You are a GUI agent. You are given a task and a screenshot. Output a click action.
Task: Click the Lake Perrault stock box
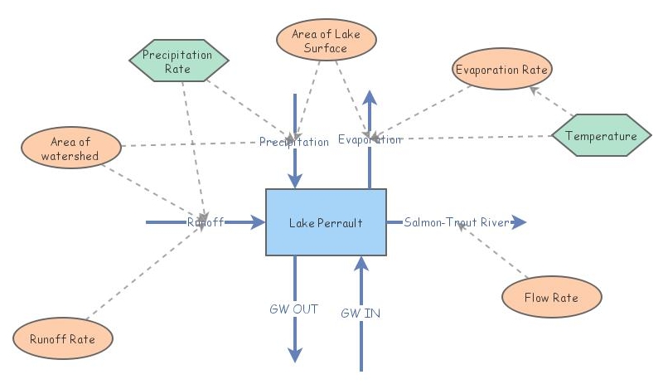click(x=326, y=222)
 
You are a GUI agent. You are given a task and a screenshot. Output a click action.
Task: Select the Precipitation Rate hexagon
click(x=178, y=61)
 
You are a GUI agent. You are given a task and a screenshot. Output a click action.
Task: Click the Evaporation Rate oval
click(x=501, y=71)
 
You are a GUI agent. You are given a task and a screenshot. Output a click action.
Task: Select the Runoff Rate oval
click(x=62, y=338)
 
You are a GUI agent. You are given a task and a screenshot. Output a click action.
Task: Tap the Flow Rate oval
click(x=551, y=297)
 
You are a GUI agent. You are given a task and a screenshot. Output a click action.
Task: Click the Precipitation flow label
click(x=293, y=142)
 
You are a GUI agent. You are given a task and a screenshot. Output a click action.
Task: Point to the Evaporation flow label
click(x=370, y=139)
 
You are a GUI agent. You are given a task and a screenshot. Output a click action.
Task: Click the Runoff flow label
click(x=206, y=221)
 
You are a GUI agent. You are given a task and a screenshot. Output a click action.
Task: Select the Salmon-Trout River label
click(x=456, y=222)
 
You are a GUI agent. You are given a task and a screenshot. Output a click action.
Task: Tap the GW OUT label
click(x=294, y=309)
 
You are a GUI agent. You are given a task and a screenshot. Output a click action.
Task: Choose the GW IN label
click(x=361, y=313)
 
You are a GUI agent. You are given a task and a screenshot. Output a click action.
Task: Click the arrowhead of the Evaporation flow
click(x=370, y=96)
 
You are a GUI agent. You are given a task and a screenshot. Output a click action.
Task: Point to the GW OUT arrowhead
click(x=295, y=354)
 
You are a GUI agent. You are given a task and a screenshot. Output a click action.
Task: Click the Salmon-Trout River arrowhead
click(x=519, y=222)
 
